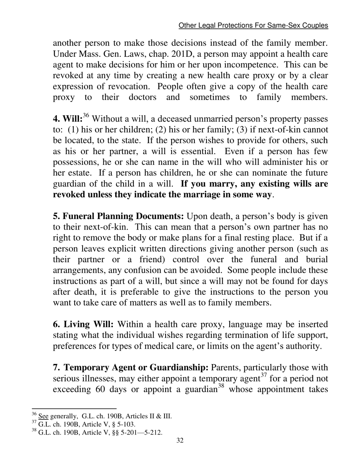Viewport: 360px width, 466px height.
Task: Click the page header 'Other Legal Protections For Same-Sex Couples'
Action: (253, 25)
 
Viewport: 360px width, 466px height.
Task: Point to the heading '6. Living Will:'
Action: (83, 325)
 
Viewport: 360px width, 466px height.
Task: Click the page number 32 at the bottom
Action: (180, 440)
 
